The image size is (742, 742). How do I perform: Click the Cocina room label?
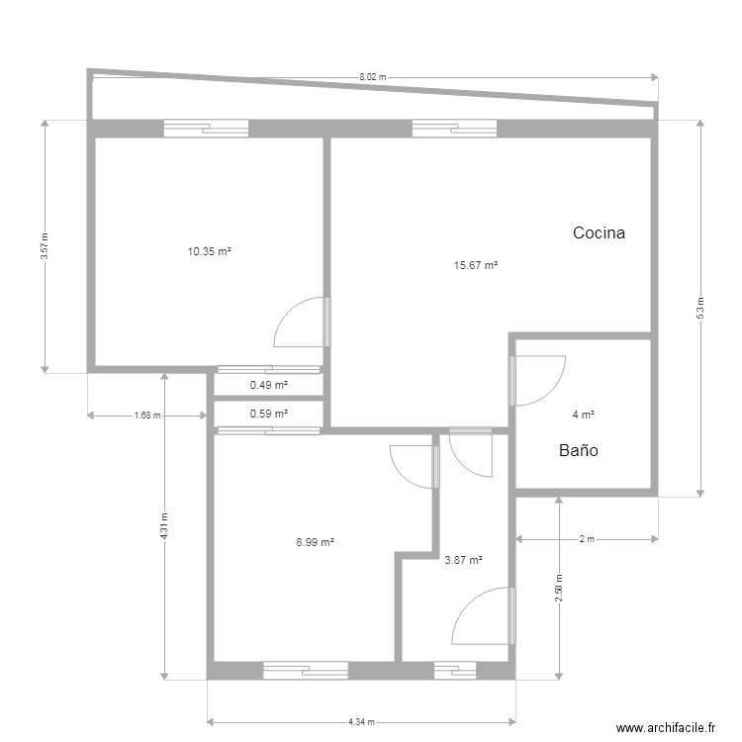point(600,233)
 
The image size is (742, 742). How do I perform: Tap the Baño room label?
point(579,450)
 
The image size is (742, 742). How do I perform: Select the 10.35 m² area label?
point(209,252)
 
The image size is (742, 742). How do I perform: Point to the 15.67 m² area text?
point(475,265)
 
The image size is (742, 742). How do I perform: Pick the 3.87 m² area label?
point(463,560)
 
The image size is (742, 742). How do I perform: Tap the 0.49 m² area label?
point(268,385)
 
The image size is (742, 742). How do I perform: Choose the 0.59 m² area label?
point(268,414)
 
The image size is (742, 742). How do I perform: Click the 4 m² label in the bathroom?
point(583,415)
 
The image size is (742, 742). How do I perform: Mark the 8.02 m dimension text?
point(372,76)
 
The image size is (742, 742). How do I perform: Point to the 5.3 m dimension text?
point(700,308)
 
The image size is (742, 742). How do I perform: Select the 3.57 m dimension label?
point(45,245)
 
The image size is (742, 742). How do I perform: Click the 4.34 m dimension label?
point(361,722)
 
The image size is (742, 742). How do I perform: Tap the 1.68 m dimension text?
point(147,416)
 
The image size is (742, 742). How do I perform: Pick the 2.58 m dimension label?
point(559,590)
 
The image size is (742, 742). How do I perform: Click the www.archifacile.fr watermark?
point(665,727)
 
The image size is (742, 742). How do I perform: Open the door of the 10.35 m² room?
point(301,323)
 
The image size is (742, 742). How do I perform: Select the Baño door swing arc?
point(542,381)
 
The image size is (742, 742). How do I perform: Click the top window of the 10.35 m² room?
point(206,127)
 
